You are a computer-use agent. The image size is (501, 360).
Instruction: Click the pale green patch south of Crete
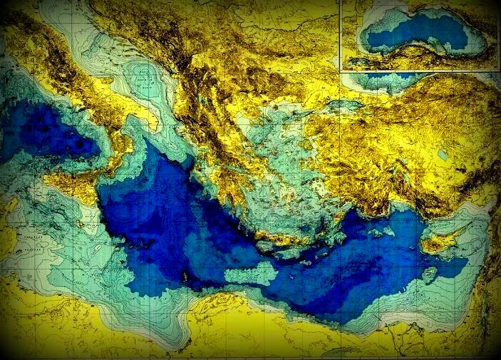click(249, 274)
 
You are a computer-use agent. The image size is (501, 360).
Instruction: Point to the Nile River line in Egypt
click(413, 335)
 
